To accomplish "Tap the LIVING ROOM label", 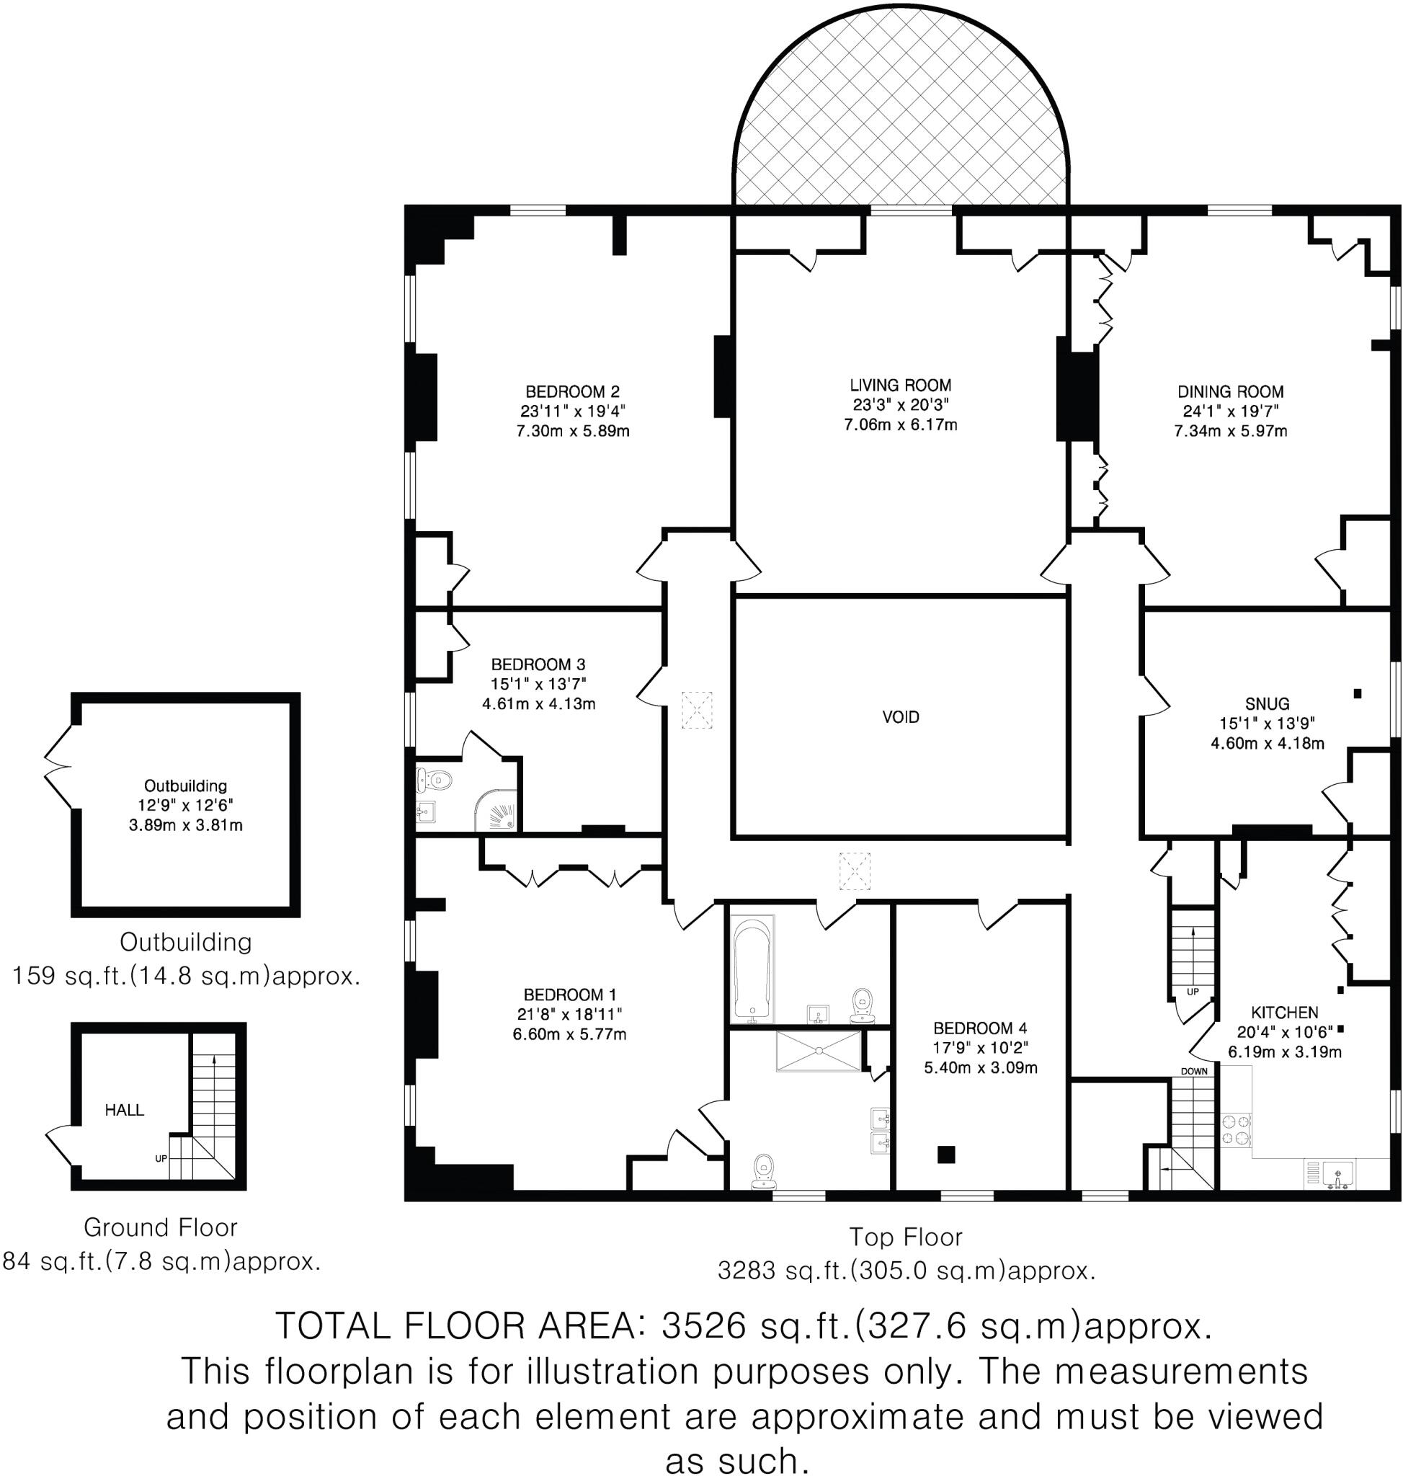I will coord(900,386).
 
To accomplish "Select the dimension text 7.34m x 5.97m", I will coord(1230,431).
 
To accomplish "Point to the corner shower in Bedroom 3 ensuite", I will coord(498,811).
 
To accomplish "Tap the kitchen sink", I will coord(1338,1174).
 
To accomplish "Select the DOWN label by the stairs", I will coord(1193,1071).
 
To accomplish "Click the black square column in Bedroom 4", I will coord(946,1155).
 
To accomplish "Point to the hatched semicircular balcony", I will coord(900,120).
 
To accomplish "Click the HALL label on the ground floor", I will coord(124,1110).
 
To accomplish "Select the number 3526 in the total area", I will coord(704,1325).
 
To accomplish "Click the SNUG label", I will coord(1267,703).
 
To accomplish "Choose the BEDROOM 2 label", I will coord(572,391).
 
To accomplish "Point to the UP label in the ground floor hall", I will coord(161,1159).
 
